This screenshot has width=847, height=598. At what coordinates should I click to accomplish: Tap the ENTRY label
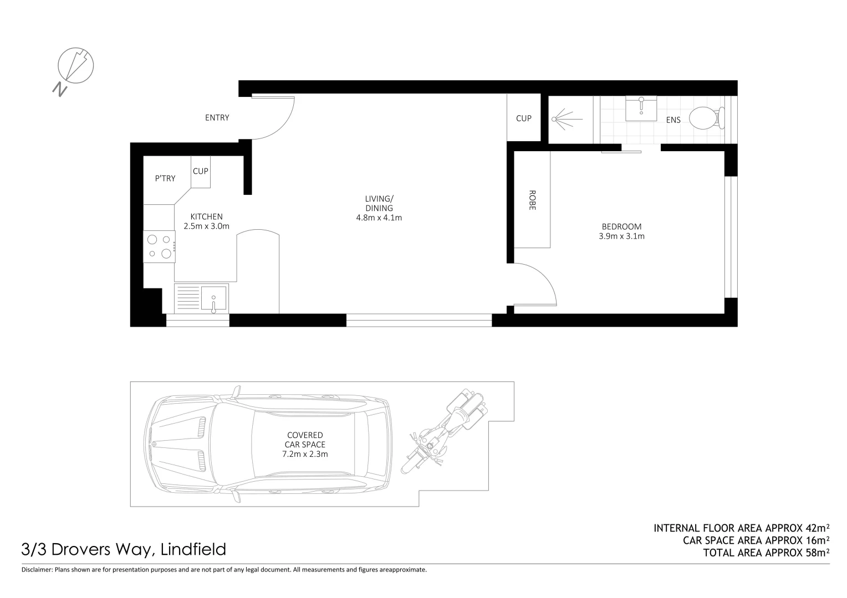217,118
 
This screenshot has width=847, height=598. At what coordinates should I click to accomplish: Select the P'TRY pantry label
165,178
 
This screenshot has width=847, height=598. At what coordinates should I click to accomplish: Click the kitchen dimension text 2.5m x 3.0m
206,226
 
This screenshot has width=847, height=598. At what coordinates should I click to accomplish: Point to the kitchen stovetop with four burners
159,246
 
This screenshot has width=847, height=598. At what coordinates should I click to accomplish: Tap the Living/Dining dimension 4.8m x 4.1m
379,218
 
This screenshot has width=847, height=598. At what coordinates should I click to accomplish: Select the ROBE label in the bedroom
532,200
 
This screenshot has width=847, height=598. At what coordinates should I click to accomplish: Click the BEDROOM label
621,226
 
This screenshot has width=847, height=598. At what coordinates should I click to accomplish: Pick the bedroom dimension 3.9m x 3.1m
621,236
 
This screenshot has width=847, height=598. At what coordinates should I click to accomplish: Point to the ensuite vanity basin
641,108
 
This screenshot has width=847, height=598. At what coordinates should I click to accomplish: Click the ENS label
673,120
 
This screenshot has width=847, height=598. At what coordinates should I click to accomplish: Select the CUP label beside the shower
524,118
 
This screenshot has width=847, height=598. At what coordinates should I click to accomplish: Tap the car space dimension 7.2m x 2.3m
305,454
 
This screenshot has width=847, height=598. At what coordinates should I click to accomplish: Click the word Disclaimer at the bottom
37,569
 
